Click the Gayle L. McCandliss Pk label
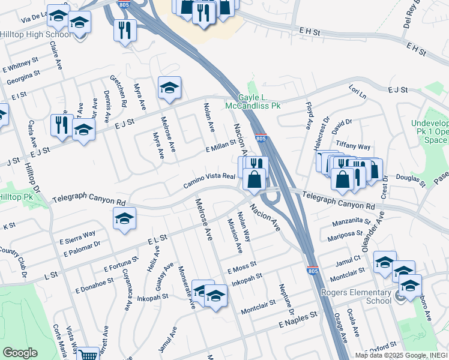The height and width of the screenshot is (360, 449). (252, 101)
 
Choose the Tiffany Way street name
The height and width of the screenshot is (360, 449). (354, 146)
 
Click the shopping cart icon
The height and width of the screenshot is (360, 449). (88, 355)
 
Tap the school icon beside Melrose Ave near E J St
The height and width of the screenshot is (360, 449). (169, 88)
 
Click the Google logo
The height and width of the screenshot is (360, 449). (20, 353)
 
